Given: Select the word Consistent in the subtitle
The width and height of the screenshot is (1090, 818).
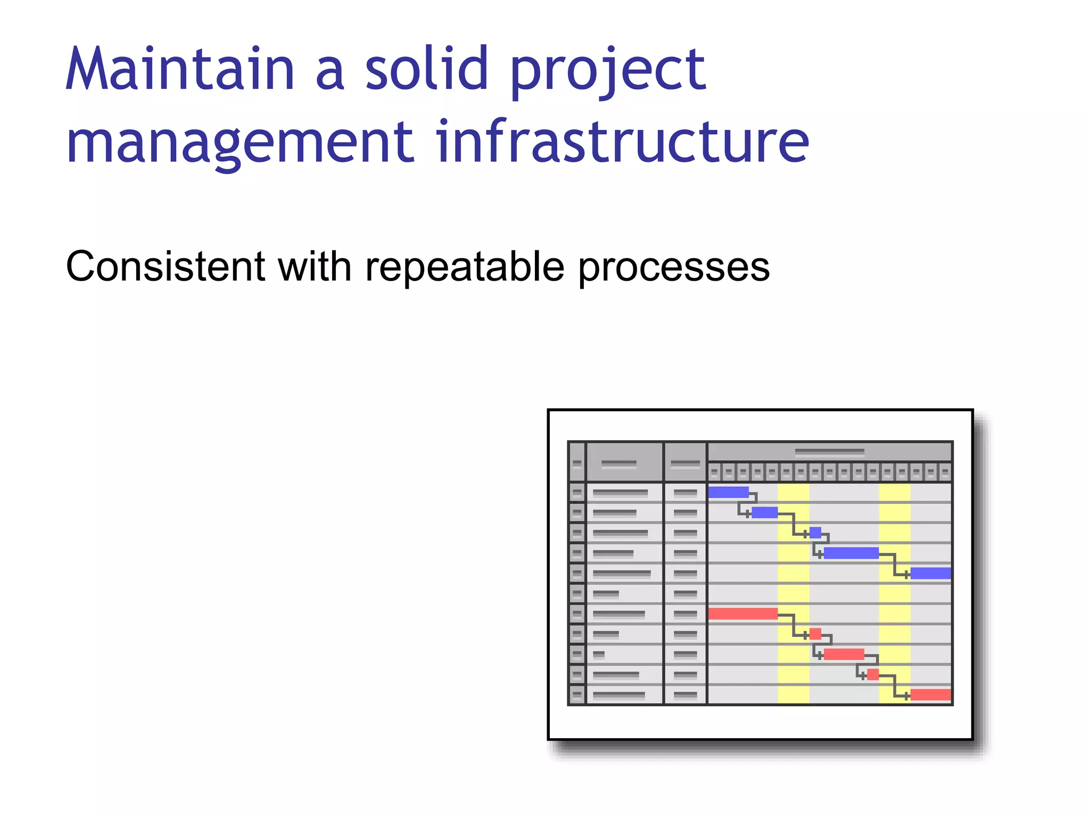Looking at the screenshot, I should (x=166, y=266).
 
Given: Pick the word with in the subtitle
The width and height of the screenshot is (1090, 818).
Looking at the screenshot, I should (x=315, y=266).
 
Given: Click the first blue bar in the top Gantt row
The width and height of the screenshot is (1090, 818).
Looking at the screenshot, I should (x=728, y=492).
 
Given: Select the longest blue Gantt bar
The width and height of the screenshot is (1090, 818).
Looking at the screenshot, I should (x=850, y=553).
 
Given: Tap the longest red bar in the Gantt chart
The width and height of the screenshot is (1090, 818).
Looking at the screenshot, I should (x=742, y=613).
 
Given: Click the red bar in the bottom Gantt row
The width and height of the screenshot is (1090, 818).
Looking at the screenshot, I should (x=930, y=694).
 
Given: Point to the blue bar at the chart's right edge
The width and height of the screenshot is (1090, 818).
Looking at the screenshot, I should (x=930, y=573).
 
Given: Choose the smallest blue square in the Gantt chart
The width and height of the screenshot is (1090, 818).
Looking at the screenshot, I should (x=815, y=533).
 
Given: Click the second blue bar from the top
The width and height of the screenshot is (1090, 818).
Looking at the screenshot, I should (x=764, y=512).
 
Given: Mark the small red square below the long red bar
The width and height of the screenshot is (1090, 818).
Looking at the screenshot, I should (x=815, y=634).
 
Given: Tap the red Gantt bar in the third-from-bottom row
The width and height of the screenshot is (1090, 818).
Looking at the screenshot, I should (x=844, y=654).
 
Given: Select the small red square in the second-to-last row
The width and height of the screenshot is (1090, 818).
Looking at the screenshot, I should (x=873, y=674).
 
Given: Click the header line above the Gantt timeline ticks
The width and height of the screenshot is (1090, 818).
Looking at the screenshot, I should (x=829, y=452).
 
